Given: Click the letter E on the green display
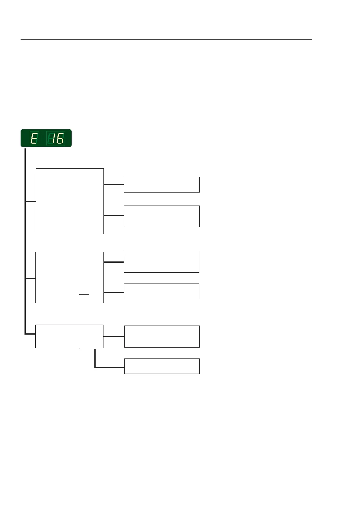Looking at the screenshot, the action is pyautogui.click(x=34, y=139).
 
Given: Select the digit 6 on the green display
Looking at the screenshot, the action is pyautogui.click(x=60, y=139).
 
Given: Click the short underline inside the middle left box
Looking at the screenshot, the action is pyautogui.click(x=84, y=294).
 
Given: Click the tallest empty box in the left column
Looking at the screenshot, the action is pyautogui.click(x=70, y=201).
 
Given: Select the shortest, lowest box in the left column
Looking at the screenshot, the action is pyautogui.click(x=69, y=336).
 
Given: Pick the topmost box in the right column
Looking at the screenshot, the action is pyautogui.click(x=162, y=185).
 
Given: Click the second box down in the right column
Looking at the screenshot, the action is pyautogui.click(x=162, y=216).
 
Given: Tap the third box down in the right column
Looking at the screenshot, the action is pyautogui.click(x=162, y=262).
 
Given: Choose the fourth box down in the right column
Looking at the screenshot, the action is pyautogui.click(x=162, y=291).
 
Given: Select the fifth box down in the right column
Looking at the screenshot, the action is pyautogui.click(x=162, y=336).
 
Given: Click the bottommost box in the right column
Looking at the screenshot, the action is pyautogui.click(x=162, y=366).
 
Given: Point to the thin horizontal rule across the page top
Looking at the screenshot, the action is pyautogui.click(x=166, y=39).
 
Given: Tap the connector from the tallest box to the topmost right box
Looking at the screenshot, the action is pyautogui.click(x=114, y=184).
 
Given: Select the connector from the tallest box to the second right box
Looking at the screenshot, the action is pyautogui.click(x=114, y=216).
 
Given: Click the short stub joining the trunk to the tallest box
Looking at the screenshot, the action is pyautogui.click(x=30, y=201).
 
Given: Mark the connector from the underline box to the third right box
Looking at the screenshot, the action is pyautogui.click(x=114, y=262).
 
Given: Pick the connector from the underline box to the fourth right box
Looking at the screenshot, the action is pyautogui.click(x=114, y=293).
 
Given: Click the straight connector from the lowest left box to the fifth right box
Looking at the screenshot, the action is pyautogui.click(x=114, y=336).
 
